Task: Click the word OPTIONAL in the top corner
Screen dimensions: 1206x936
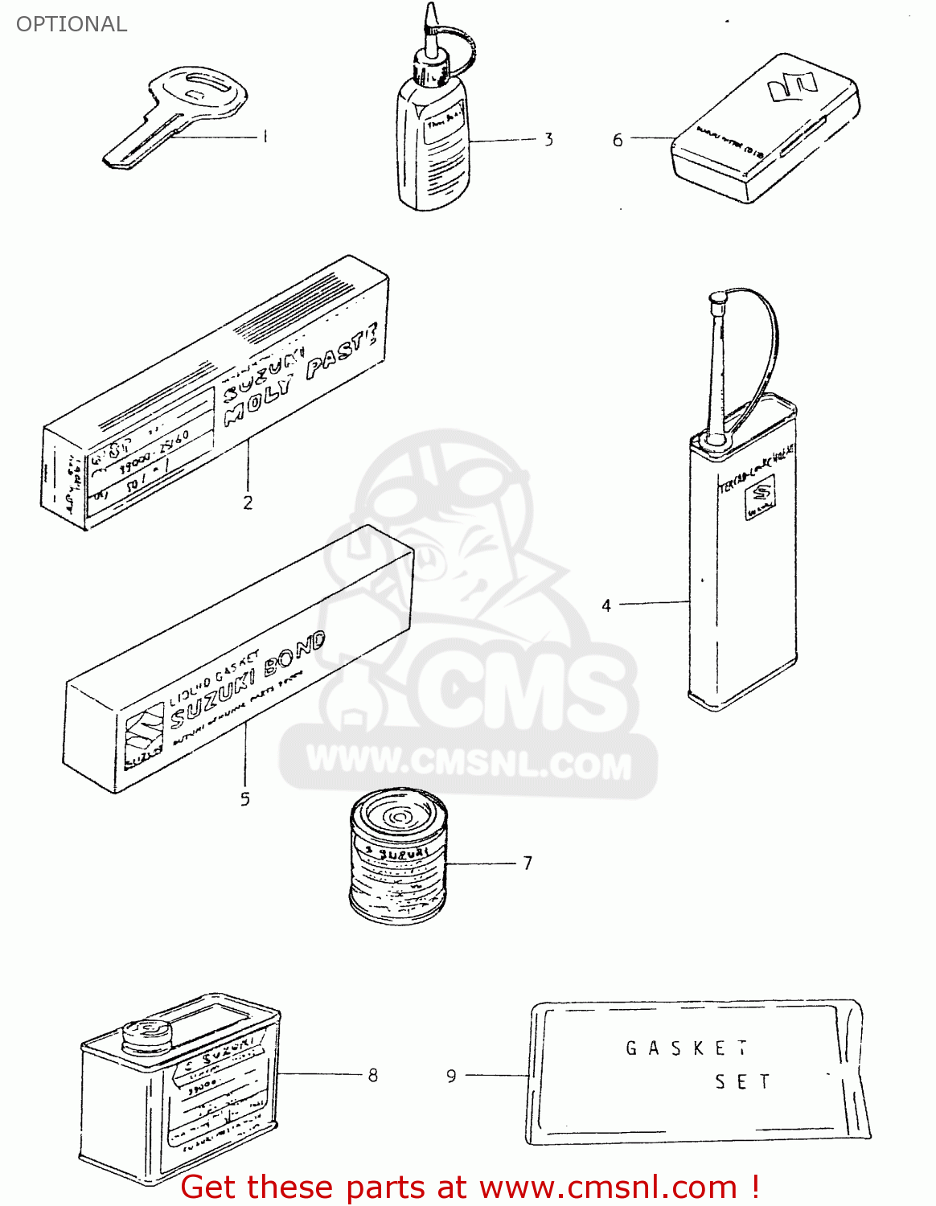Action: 72,24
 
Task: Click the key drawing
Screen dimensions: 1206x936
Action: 177,113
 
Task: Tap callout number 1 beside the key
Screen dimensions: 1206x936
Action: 265,137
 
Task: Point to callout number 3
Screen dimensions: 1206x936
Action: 548,140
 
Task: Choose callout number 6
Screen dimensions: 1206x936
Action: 618,140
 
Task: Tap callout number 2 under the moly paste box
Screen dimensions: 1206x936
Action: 248,503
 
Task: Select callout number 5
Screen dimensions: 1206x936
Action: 244,799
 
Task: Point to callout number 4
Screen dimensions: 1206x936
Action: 606,605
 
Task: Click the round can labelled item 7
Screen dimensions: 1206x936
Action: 398,856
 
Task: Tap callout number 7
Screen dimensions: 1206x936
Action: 528,863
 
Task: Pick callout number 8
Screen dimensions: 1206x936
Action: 372,1076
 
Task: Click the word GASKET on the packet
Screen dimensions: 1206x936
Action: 686,1048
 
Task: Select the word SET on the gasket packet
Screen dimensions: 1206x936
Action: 742,1082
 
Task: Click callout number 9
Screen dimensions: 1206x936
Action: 451,1076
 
